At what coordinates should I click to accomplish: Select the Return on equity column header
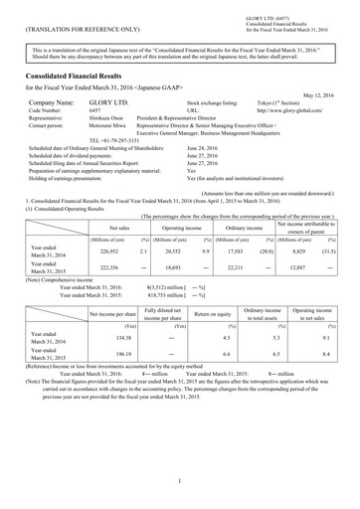[220, 327]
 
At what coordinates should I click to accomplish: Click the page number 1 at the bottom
[179, 479]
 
